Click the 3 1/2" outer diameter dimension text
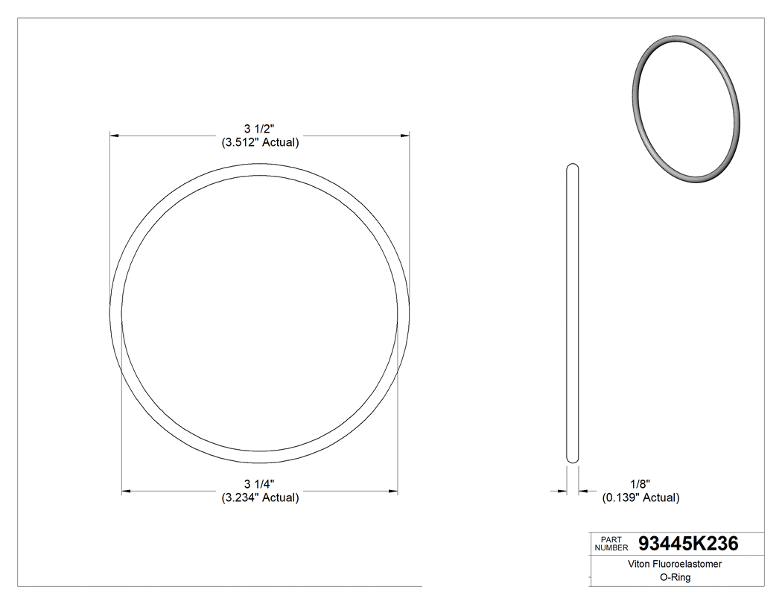coord(260,129)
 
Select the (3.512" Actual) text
coord(260,142)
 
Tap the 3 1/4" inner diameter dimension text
coord(260,484)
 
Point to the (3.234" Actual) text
coord(260,497)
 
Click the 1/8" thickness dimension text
coord(640,484)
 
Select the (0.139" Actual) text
coord(640,497)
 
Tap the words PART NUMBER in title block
coord(611,544)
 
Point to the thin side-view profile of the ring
coord(572,313)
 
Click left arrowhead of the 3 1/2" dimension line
coord(114,136)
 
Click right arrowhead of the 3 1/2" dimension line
coord(406,136)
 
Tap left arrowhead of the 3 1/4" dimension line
coord(126,491)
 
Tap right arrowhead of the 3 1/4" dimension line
coord(394,491)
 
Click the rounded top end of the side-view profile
coord(572,166)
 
